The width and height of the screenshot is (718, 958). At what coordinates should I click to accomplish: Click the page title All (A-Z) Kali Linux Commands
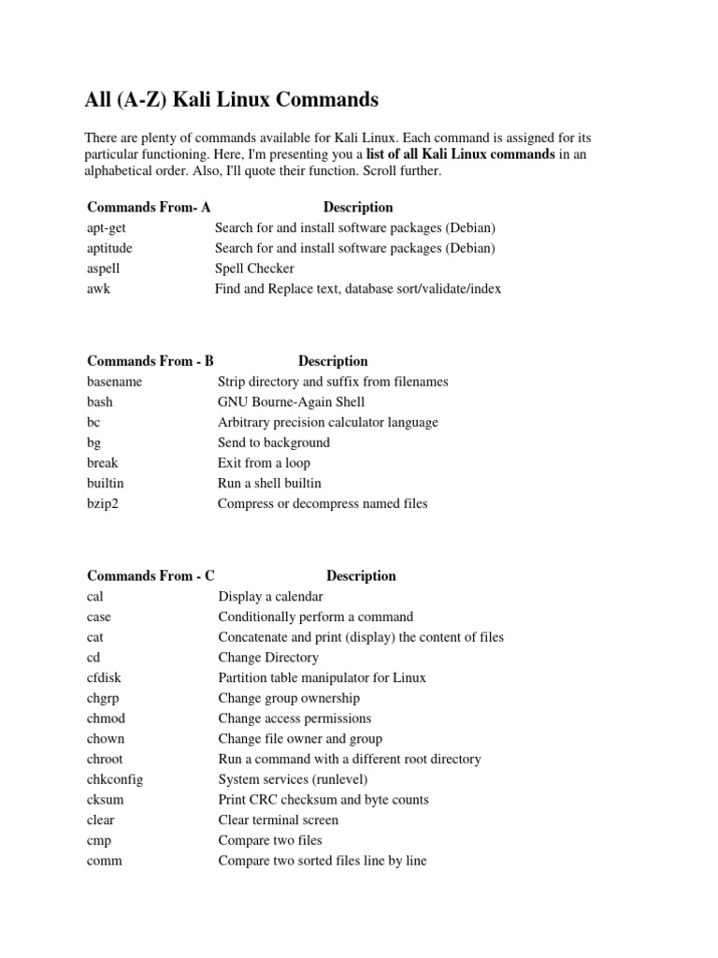[x=231, y=99]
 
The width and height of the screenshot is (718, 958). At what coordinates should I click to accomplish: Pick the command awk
[x=99, y=289]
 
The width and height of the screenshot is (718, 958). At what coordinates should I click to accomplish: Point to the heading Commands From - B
[x=151, y=361]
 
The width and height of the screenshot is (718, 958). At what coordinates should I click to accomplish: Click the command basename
[x=114, y=382]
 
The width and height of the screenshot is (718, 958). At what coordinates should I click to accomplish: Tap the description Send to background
[x=274, y=443]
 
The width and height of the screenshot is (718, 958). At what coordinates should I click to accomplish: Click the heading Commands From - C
[x=151, y=576]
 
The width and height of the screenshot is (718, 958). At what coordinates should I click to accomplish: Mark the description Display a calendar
[x=270, y=597]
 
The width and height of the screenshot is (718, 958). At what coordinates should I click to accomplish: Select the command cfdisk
[x=106, y=678]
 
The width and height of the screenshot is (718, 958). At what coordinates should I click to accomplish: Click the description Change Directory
[x=268, y=658]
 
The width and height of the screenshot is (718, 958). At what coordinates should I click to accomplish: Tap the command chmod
[x=106, y=718]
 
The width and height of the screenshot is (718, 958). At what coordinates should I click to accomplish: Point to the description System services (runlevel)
[x=293, y=779]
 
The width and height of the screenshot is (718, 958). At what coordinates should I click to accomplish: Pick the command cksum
[x=105, y=800]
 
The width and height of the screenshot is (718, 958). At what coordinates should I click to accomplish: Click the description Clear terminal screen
[x=278, y=820]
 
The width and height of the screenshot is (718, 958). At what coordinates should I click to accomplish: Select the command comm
[x=105, y=861]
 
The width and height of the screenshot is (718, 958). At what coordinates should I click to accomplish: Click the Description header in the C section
[x=361, y=576]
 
